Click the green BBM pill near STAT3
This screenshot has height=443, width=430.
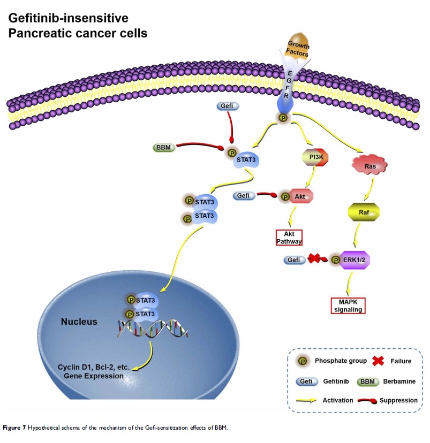pos(164,147)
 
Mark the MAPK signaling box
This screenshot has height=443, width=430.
pos(348,305)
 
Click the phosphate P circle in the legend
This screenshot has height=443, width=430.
pos(303,361)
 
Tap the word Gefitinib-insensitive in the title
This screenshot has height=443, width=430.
pos(68,19)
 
